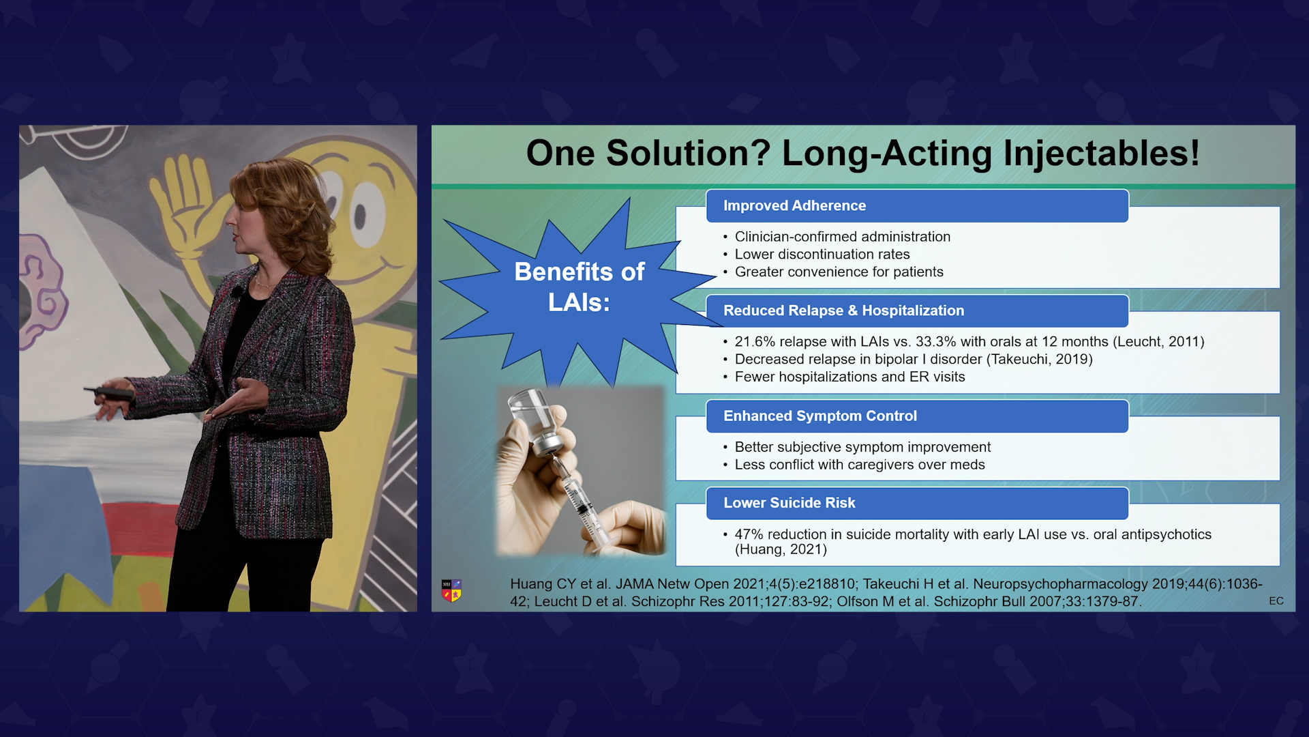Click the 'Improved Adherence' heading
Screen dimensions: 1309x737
(x=794, y=205)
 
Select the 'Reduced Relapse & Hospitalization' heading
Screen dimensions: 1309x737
(x=843, y=310)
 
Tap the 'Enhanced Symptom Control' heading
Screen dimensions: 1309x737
(x=819, y=416)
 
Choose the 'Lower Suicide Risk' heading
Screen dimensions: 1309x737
(x=789, y=503)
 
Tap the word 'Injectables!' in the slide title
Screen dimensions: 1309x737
(x=1101, y=153)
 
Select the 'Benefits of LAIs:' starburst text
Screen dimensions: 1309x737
(x=579, y=287)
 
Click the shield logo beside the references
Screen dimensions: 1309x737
(x=451, y=590)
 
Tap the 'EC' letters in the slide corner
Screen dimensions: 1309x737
(x=1276, y=601)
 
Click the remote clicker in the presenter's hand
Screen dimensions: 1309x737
(x=109, y=392)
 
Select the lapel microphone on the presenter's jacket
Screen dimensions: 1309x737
(x=237, y=293)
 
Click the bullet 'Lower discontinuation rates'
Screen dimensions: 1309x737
(x=822, y=255)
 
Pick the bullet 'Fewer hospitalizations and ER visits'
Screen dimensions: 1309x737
(x=849, y=377)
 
